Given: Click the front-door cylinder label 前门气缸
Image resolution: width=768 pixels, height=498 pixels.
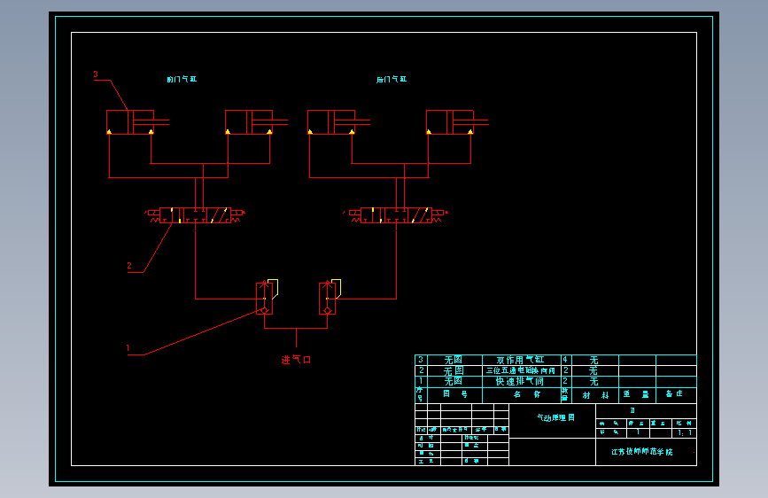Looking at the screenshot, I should pos(182,80).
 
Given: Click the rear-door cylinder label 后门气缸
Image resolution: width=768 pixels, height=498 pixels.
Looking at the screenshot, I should pos(392,80).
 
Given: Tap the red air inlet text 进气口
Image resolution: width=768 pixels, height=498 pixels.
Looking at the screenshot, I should pos(297,360).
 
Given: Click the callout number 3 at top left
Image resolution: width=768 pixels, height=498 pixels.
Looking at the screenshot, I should pos(96,75).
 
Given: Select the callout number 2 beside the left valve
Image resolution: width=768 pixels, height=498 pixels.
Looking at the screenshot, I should pos(129,265).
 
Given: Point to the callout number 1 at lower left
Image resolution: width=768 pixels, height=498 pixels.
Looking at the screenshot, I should pos(128,348).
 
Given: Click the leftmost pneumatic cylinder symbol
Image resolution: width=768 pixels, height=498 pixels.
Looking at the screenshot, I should pos(130,122).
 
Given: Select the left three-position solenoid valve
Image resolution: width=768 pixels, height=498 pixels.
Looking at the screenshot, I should pos(197,214).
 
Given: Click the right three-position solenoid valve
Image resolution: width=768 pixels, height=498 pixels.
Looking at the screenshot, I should pos(397,214).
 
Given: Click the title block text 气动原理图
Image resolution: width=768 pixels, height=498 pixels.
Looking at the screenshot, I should pos(555,417).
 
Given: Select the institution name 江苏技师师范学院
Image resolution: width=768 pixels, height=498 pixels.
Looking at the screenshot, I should pos(642,451).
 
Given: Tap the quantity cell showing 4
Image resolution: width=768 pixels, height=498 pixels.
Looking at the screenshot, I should pos(565,360).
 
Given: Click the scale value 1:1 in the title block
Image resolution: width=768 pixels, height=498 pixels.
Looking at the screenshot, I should pos(685,433).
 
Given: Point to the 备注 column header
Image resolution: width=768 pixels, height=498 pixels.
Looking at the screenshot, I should pos(675,394).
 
